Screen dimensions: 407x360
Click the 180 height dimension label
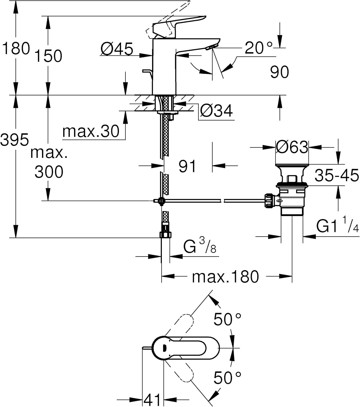tap(16, 49)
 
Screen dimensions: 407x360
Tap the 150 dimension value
tap(48, 56)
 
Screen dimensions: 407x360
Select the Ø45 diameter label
tap(117, 49)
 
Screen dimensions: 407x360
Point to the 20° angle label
tap(258, 48)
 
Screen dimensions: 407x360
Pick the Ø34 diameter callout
tap(216, 111)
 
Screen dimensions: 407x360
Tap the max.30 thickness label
tap(91, 131)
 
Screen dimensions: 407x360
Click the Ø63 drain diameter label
tap(292, 147)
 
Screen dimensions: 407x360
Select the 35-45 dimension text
tap(337, 175)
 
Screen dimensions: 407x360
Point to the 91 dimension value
tap(187, 166)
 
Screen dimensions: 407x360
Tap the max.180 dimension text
tap(225, 277)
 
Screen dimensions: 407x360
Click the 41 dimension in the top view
tap(152, 400)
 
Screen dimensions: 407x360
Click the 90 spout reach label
tap(279, 72)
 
